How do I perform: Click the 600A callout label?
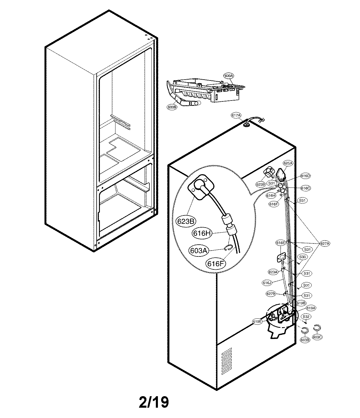(229, 76)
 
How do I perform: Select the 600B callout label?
(172, 107)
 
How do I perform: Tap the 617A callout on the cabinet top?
(236, 116)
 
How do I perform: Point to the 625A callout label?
(288, 163)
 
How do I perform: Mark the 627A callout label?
(325, 243)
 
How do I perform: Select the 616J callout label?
(266, 283)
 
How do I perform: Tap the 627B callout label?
(270, 294)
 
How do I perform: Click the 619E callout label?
(257, 322)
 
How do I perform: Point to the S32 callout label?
(306, 317)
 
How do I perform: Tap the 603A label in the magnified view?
(199, 250)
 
